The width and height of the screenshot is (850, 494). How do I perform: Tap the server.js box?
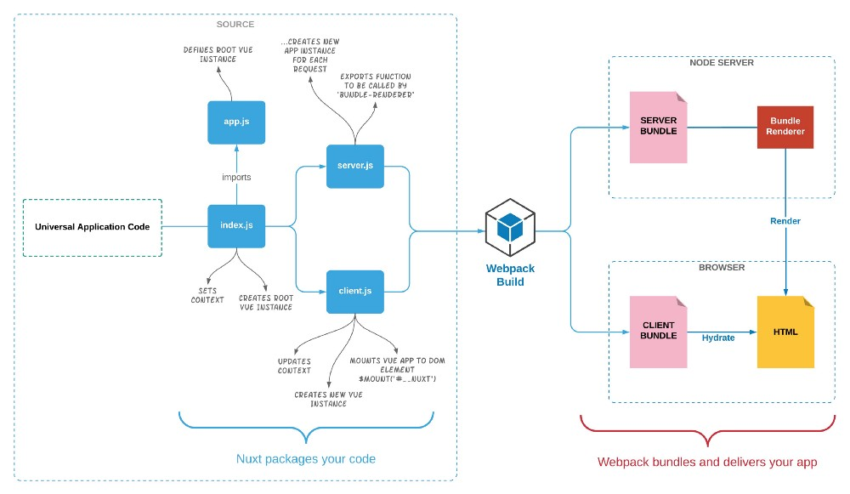coord(354,166)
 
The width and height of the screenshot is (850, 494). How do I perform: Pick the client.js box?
coord(354,292)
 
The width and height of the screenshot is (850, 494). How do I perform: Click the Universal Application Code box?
coord(92,227)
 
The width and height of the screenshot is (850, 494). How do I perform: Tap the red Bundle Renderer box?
coord(785,128)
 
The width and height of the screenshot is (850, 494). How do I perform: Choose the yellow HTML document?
coord(785,332)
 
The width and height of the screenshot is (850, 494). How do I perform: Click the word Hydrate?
coord(718,338)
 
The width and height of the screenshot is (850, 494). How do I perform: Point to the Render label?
coord(785,221)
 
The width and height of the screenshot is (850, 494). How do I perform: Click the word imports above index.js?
coord(236,177)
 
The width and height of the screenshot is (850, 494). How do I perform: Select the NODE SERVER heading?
coord(722,63)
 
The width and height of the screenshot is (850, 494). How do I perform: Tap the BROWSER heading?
coord(722,268)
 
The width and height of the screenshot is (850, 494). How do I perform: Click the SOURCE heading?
coord(235,24)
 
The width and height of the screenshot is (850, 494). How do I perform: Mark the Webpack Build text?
coord(510,275)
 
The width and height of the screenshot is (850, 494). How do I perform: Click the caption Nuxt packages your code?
coord(305,459)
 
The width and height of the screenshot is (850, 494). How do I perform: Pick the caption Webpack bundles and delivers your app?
coord(706,463)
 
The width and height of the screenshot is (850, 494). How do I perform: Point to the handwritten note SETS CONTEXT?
coord(207,294)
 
